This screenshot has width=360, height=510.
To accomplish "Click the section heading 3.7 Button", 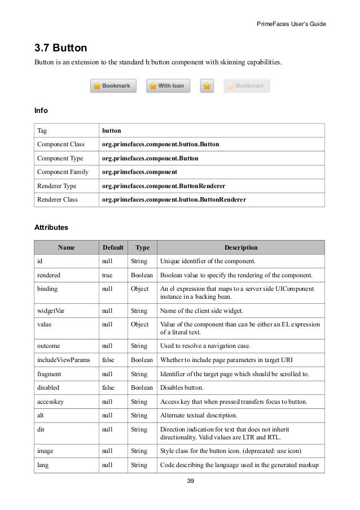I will click(60, 47).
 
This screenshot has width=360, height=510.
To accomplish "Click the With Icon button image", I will click(168, 86).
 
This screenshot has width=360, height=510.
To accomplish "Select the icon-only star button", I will click(207, 86).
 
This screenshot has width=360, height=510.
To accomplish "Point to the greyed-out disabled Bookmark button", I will click(247, 86).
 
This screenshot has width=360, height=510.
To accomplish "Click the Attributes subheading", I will click(51, 228).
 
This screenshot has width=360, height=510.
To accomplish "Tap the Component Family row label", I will click(63, 172).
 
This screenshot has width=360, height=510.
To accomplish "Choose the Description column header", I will click(241, 247).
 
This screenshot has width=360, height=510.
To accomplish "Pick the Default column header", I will click(113, 247).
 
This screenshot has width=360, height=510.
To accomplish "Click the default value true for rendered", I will click(107, 276).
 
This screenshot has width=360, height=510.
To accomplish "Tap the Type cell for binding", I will click(140, 289).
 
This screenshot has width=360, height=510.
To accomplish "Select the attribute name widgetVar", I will click(51, 311).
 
